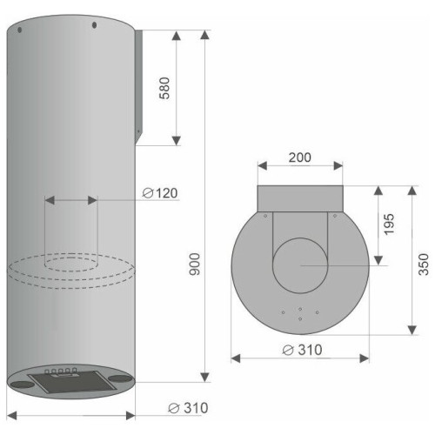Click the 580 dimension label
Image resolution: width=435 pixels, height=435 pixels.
pos(164,88)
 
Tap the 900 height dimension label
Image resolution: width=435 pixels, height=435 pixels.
pos(195,264)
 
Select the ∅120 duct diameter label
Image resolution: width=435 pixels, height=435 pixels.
pos(160,193)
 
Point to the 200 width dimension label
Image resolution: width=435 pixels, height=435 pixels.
pos(300,157)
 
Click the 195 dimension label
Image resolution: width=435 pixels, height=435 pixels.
pos(389,224)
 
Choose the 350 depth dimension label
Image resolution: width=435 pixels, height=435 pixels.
pos(424,264)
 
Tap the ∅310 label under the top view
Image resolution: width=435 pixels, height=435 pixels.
pos(302,350)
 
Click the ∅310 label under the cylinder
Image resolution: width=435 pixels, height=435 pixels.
pos(188,408)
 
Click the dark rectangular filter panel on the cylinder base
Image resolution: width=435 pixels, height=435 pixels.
pos(72,382)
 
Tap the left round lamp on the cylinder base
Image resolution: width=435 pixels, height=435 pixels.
pos(22,385)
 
